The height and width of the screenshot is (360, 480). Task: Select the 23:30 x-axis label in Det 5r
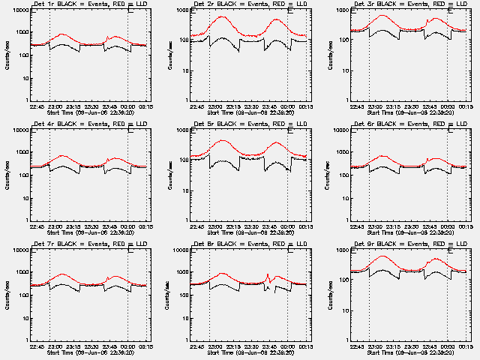252,226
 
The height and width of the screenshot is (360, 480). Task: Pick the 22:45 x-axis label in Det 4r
37,226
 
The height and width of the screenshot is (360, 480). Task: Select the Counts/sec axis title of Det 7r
7,295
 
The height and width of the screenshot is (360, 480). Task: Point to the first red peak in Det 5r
222,140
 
